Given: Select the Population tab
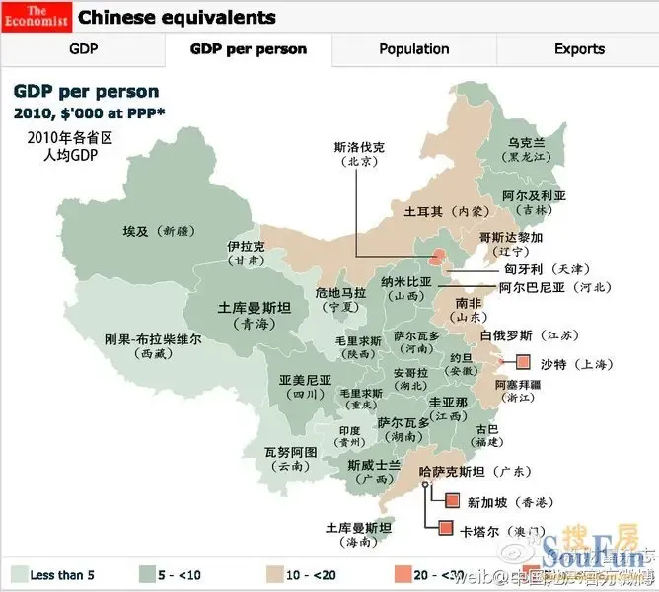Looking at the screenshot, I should pos(413,48).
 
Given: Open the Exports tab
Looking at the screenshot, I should pos(579,48).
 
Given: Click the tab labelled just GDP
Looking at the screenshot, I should pos(83,48).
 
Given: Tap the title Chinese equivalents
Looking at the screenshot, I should pos(177,17).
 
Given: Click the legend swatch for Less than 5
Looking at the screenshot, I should pos(18,574).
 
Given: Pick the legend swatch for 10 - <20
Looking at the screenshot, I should pos(266,574).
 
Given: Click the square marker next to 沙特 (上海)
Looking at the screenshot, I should pos(523,363).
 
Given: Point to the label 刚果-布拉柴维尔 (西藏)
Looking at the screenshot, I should pos(153,344).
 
